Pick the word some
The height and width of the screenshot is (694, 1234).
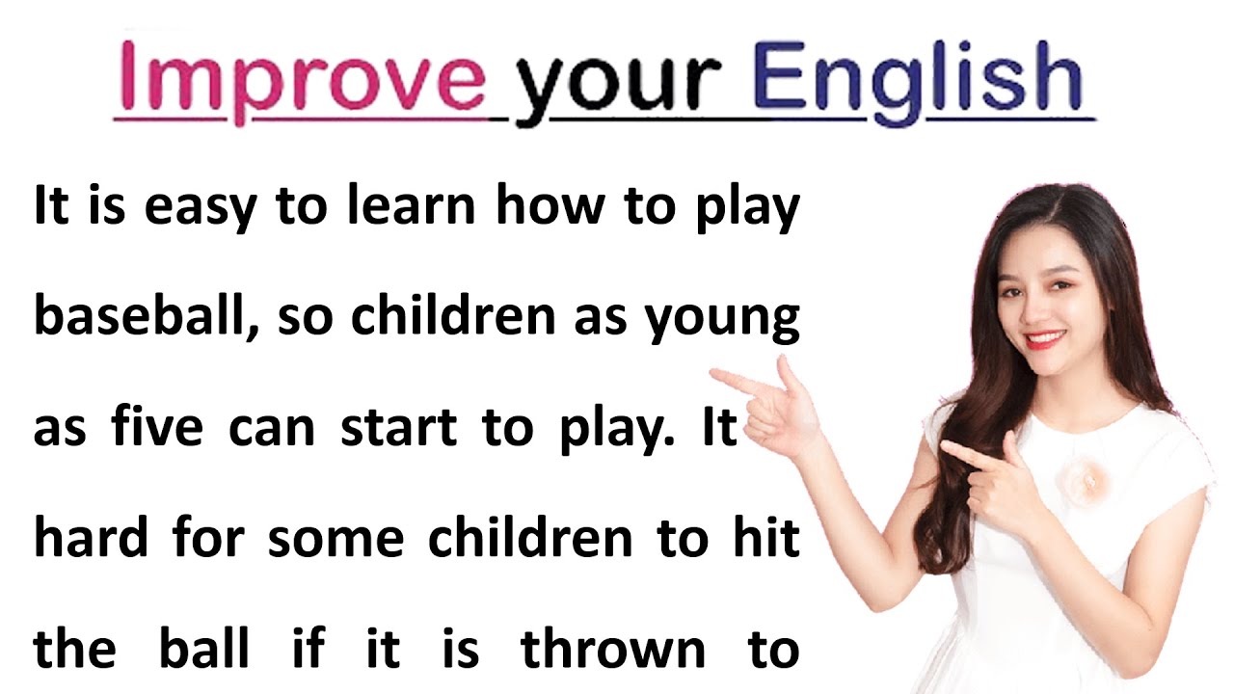click(x=335, y=538)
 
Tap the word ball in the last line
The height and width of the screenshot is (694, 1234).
click(x=202, y=647)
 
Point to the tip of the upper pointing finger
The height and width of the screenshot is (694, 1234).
click(x=714, y=375)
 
